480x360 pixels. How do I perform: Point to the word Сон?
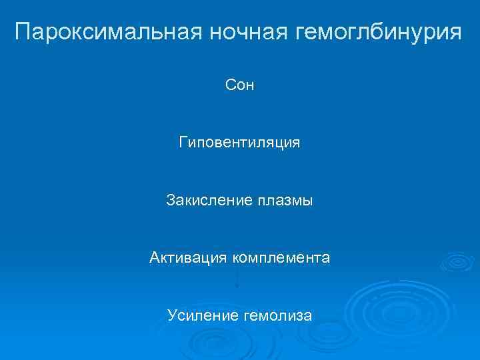pos(240,86)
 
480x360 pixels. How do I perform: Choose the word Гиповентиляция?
pos(239,143)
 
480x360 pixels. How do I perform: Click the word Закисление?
pos(209,200)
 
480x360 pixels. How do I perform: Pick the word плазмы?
pos(285,200)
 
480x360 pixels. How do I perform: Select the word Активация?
pos(189,257)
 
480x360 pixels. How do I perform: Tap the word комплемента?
pos(281,257)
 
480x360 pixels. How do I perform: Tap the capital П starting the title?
pos(23,31)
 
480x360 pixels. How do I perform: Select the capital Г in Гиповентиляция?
pos(183,143)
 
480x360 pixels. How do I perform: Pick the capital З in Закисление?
pos(170,200)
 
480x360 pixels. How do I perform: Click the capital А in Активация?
pos(154,257)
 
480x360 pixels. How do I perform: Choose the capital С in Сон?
pos(230,86)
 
